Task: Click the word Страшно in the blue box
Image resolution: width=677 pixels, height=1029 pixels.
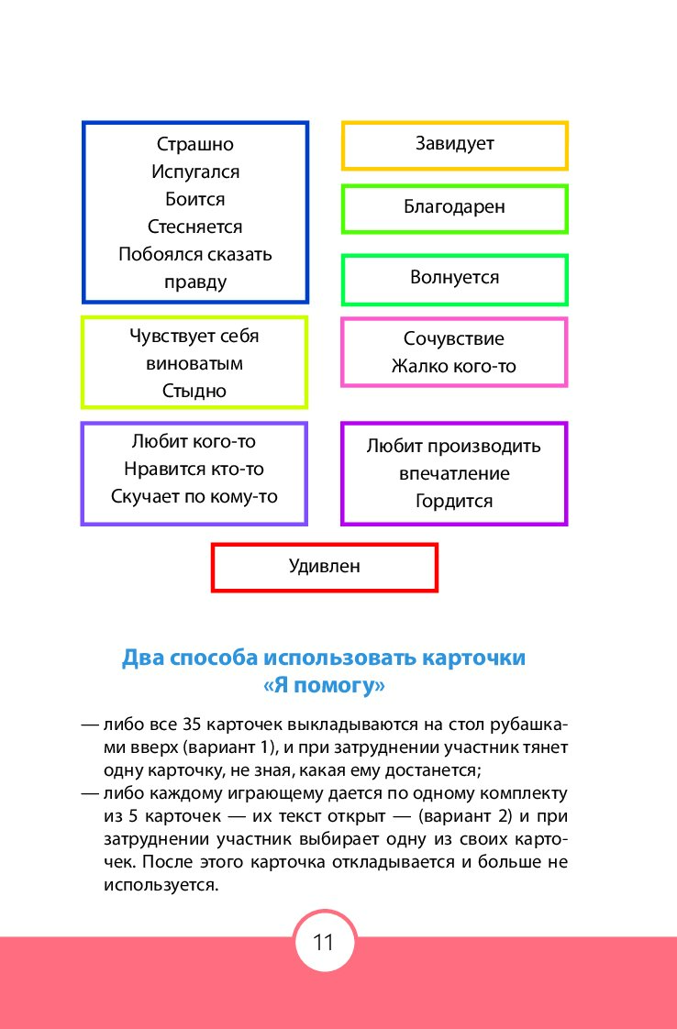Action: [x=195, y=144]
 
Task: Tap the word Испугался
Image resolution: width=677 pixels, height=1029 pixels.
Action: [x=195, y=171]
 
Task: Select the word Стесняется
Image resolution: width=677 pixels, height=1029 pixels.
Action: [x=195, y=227]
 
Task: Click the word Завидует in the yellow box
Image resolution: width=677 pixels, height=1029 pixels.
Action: [x=454, y=144]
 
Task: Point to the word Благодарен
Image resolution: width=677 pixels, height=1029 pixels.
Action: [x=454, y=207]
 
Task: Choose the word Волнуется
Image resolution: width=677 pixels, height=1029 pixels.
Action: [x=454, y=278]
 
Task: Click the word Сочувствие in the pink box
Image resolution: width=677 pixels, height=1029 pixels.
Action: [x=454, y=338]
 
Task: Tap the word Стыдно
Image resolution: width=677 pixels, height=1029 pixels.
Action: [x=194, y=391]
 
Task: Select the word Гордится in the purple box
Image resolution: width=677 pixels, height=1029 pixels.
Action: [x=454, y=502]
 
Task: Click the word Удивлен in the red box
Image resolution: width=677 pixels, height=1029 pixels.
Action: [x=325, y=567]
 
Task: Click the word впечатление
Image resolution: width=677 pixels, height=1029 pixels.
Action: [x=454, y=474]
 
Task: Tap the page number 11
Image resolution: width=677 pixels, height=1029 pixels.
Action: [x=324, y=943]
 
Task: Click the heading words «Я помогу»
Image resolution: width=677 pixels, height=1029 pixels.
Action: [x=324, y=686]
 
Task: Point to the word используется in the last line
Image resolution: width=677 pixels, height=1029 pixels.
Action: [x=161, y=885]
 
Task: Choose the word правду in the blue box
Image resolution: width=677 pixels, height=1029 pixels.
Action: [x=195, y=282]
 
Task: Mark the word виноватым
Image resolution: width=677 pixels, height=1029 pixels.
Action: [x=194, y=363]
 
